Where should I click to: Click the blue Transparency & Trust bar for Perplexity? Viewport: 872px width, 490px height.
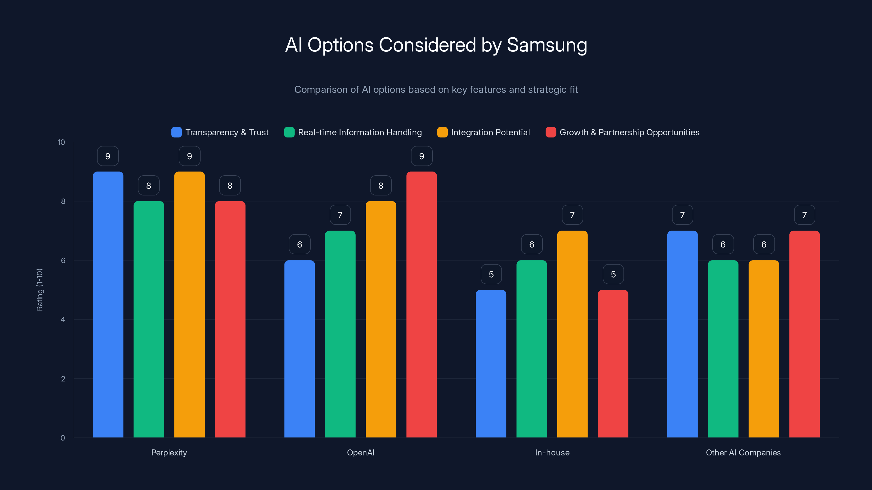coord(108,304)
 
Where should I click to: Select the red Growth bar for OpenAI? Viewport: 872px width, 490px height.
coord(422,304)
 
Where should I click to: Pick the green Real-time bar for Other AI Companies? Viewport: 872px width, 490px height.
coord(723,349)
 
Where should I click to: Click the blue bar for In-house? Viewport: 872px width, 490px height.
coord(491,363)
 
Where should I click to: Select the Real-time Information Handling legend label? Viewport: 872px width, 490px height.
coord(359,132)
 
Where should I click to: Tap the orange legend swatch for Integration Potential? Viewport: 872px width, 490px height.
coord(442,132)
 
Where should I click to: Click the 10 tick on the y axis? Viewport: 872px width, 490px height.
coord(61,142)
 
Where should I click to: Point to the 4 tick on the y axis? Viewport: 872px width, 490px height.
coord(63,320)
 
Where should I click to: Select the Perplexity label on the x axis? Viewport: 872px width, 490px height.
coord(169,452)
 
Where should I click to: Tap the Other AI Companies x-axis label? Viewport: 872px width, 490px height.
coord(743,452)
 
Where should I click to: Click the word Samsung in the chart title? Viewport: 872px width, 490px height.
coord(547,45)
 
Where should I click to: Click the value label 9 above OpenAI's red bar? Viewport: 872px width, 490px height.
coord(422,156)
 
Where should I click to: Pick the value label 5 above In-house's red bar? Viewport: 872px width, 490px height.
coord(613,274)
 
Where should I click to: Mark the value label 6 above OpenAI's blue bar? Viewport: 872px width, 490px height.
coord(299,244)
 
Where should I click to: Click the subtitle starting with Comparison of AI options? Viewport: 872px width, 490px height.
coord(436,90)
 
